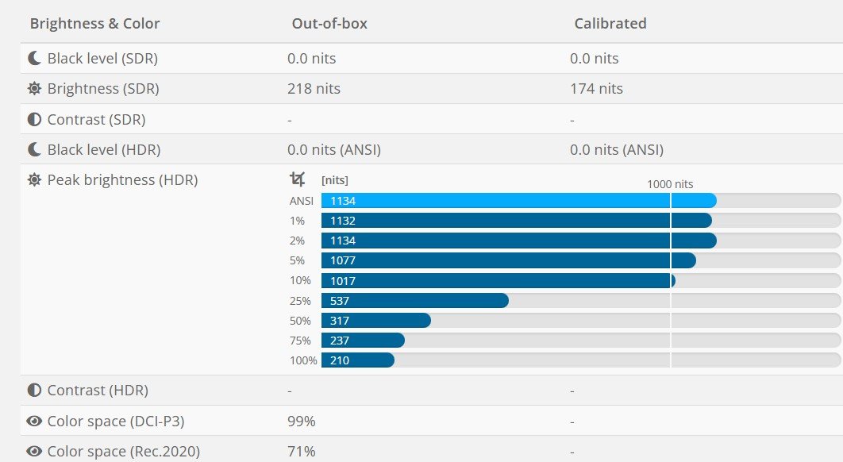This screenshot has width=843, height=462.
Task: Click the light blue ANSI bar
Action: coord(518,201)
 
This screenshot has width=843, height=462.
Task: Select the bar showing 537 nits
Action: coord(414,301)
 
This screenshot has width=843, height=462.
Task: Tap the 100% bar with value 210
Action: coord(357,360)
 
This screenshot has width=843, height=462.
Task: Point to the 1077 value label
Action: coord(343,260)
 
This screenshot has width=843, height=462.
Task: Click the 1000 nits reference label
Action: coord(670,184)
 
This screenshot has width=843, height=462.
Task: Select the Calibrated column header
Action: coord(610,24)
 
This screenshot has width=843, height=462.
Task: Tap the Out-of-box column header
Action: coord(329,24)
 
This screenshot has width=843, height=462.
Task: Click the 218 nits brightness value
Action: coord(314,89)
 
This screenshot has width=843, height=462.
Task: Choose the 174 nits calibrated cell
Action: coord(596,89)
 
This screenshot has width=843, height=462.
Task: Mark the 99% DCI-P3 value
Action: coord(302,422)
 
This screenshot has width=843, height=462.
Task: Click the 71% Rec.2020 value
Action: coord(302,452)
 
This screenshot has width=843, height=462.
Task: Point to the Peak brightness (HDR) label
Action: coord(122,180)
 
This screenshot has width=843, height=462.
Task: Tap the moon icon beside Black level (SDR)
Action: coord(34,59)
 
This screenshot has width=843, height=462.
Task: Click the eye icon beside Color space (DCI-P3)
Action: coord(34,422)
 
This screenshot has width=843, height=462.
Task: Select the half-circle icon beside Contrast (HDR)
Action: coord(34,391)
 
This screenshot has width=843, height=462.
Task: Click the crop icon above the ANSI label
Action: coord(297,179)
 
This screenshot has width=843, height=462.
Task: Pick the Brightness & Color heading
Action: coord(94,24)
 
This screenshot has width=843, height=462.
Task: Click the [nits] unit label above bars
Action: coord(334,180)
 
